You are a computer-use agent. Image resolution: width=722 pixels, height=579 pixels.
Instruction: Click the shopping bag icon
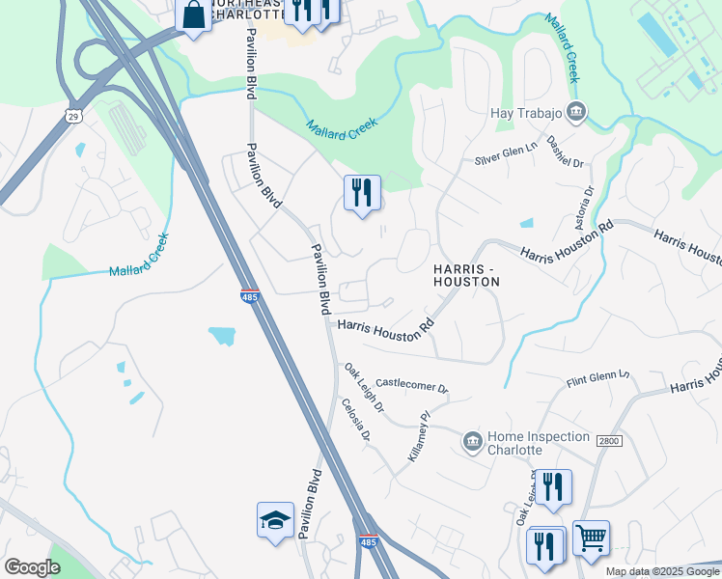point(194,15)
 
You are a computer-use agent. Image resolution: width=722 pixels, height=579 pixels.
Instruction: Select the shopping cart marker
point(591,538)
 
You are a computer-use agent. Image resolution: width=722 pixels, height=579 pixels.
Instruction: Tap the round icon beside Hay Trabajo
point(576,112)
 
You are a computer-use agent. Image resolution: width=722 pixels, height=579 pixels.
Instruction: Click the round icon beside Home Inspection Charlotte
point(472,442)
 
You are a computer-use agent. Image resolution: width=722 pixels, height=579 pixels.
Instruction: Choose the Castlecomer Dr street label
point(412,386)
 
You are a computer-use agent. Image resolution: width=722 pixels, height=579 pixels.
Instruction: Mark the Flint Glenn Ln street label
point(597,378)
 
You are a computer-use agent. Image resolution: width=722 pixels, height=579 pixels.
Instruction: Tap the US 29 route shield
point(73,117)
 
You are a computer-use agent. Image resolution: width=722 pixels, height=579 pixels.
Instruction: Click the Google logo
point(32,567)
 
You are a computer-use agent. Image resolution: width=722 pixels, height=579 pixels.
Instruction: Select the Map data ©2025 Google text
point(662,571)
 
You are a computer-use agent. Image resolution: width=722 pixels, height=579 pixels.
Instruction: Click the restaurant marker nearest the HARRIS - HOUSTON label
point(362,192)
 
